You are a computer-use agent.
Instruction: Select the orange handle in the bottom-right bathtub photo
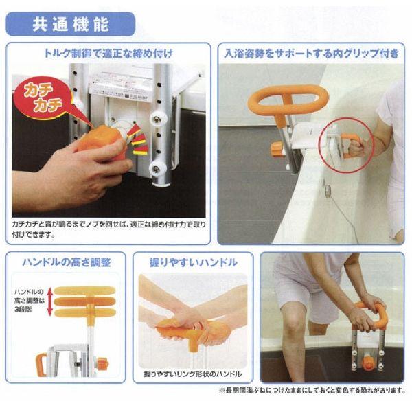point(370,313)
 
